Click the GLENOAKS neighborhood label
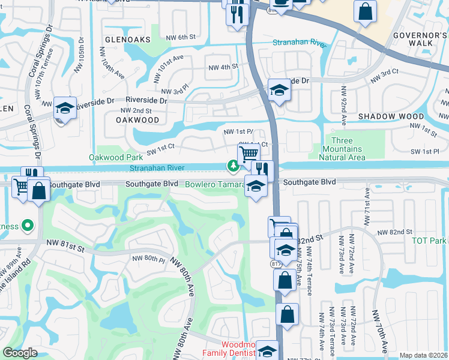[126, 39]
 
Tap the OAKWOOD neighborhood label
[138, 120]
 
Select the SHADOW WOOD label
[387, 116]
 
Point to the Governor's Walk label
[420, 40]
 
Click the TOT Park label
[430, 241]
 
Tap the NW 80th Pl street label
[148, 259]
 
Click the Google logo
[20, 353]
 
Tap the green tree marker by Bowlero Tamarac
[232, 165]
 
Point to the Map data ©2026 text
[423, 355]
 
